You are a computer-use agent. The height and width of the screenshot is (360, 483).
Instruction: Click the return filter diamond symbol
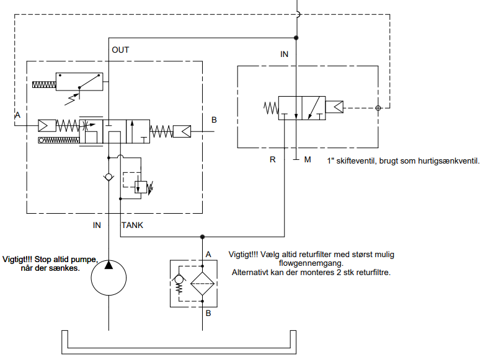coord(203,282)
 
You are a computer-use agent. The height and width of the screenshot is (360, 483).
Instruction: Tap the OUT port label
coord(120,50)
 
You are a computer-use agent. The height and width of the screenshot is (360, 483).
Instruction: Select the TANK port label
coord(132,225)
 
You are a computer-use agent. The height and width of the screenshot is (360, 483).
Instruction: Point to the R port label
coord(272,160)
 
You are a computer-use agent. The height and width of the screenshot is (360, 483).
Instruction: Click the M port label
coord(307,160)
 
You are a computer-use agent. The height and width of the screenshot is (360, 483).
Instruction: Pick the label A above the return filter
coord(209,254)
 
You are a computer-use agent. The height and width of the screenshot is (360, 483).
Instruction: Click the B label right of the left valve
coord(214,120)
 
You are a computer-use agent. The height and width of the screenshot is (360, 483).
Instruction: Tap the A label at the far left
coord(17,115)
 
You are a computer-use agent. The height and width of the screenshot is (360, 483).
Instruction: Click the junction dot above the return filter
coord(203,237)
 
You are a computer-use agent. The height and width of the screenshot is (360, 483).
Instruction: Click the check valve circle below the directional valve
coord(109,177)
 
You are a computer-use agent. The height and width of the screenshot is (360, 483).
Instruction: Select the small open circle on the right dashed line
coord(378,108)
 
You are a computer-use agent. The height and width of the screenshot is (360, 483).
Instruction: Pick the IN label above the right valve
coord(284,54)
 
